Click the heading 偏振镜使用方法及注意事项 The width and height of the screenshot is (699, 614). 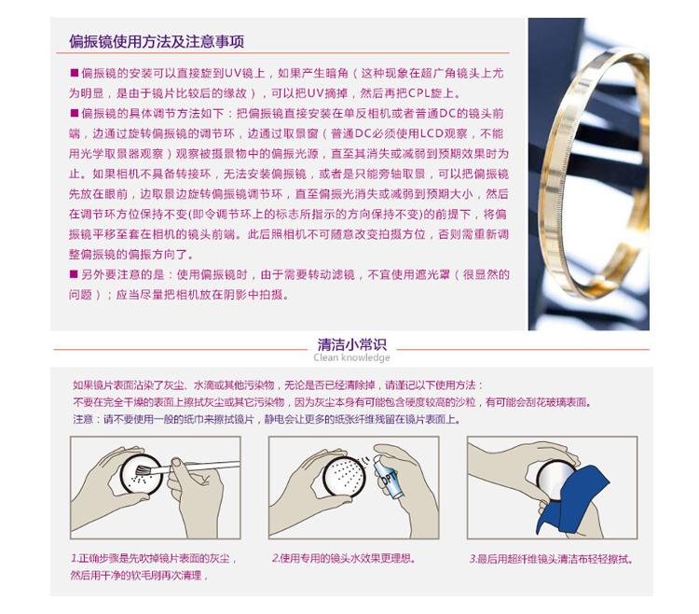(x=157, y=41)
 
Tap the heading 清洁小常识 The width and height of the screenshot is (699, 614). (x=351, y=344)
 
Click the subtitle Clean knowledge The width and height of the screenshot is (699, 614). (x=351, y=357)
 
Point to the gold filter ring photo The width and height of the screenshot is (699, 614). (x=588, y=174)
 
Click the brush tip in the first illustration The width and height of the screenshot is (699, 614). (x=144, y=470)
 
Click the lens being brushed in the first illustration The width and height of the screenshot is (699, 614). (x=138, y=473)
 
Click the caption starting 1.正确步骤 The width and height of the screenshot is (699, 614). (x=154, y=566)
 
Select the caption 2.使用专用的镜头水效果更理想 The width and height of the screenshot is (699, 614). (x=344, y=558)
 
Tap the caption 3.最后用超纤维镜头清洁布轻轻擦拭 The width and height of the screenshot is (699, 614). (x=552, y=559)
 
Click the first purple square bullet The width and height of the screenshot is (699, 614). (x=74, y=73)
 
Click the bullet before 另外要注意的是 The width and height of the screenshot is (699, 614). (x=74, y=274)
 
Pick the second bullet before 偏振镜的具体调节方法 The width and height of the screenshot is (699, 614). (x=74, y=113)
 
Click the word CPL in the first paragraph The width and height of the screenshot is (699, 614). (x=419, y=93)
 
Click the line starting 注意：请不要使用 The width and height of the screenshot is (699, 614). (x=267, y=419)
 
